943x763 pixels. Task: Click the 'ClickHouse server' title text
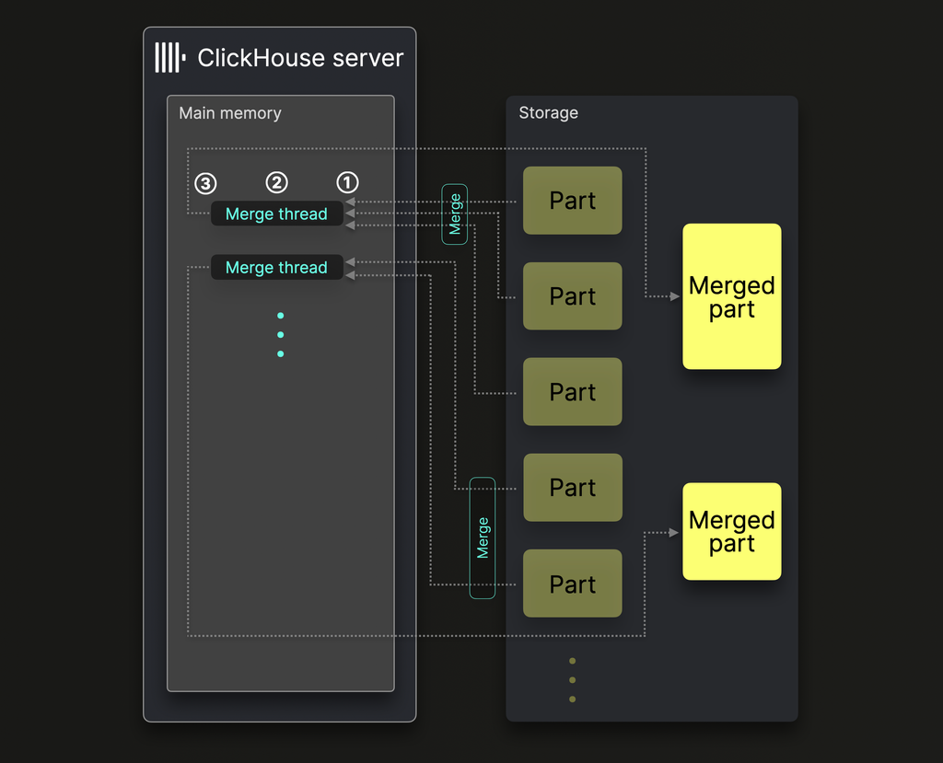300,58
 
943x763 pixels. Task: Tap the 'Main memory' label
230,113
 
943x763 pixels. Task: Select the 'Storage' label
549,113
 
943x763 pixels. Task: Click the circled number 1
347,182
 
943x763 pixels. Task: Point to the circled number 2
277,182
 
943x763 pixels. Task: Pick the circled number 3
206,182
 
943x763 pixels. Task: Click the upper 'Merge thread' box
276,214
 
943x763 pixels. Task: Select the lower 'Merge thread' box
276,267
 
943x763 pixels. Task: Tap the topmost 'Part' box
573,201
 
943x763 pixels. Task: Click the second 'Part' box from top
573,296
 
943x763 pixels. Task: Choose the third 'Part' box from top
573,392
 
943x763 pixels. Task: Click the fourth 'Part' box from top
573,488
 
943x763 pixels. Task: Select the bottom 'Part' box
573,584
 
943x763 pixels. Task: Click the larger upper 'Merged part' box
732,296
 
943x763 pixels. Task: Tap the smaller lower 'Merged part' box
732,531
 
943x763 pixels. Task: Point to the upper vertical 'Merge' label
455,214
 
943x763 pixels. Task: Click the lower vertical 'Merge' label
483,538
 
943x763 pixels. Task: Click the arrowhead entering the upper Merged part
674,296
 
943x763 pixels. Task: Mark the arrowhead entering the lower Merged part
674,532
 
